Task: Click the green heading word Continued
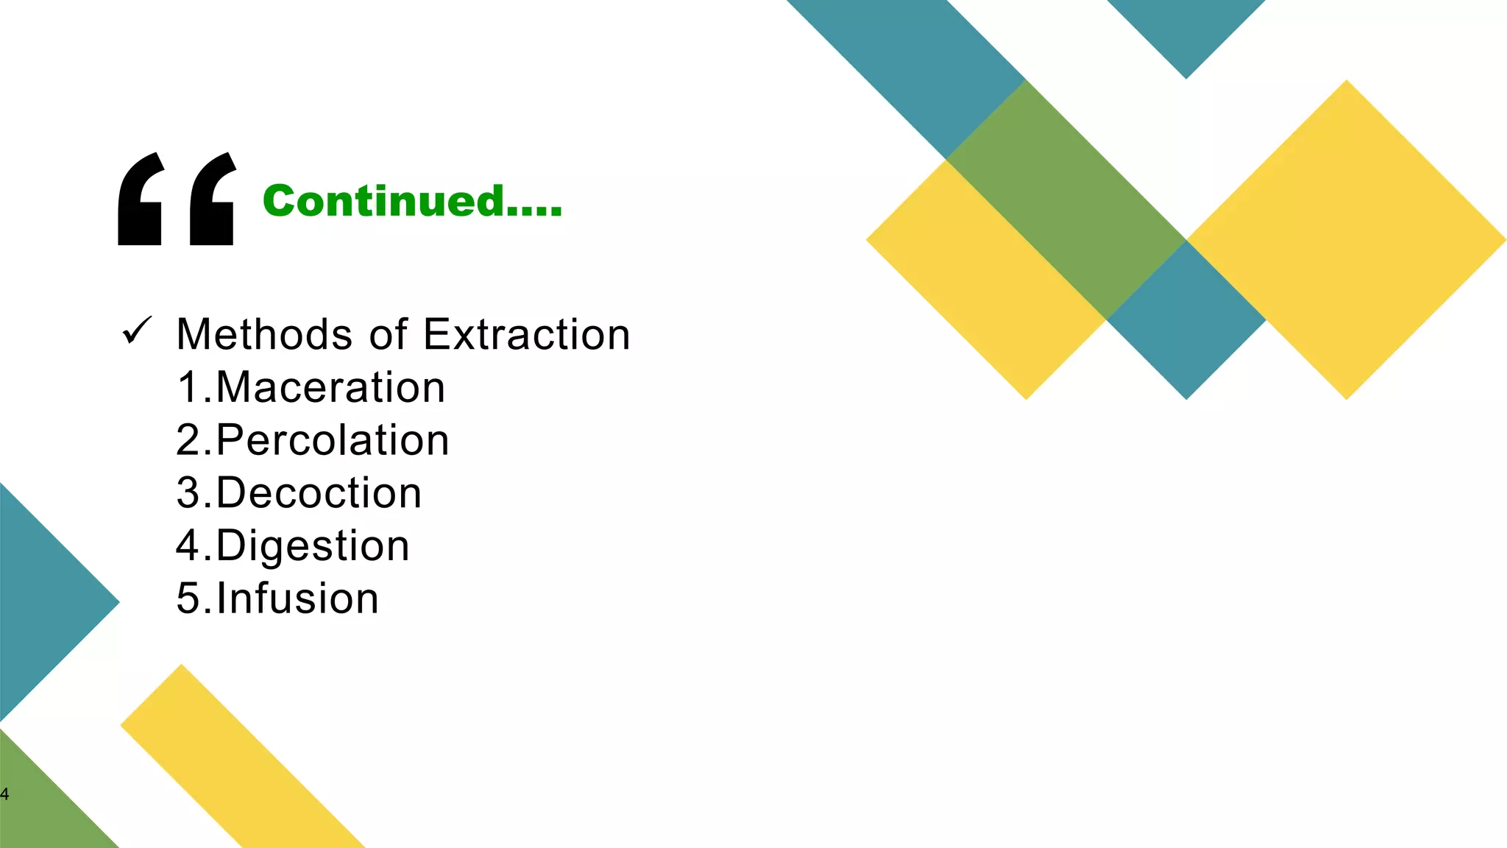412,201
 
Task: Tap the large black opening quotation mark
177,199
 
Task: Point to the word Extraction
527,334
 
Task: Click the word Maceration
330,387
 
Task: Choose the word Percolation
333,440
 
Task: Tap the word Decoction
319,492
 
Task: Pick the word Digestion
313,545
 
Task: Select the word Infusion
298,598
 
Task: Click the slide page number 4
4,794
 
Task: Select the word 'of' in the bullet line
388,334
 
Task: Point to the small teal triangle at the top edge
1186,29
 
